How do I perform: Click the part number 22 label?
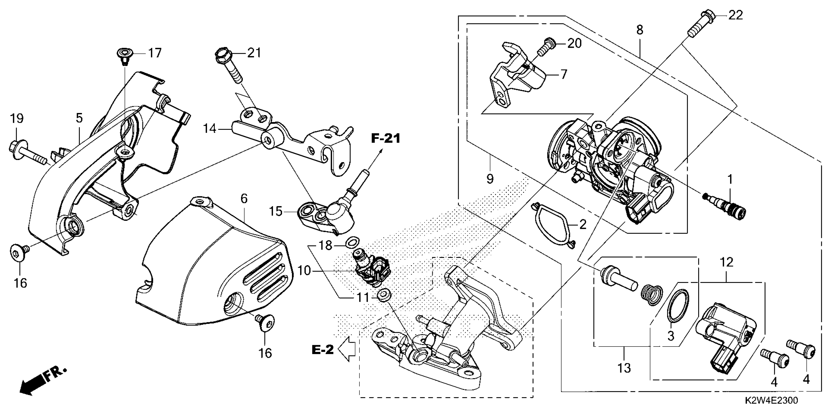pyautogui.click(x=735, y=15)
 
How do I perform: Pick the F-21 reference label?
pyautogui.click(x=386, y=139)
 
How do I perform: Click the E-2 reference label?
pyautogui.click(x=323, y=350)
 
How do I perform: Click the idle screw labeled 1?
pyautogui.click(x=725, y=206)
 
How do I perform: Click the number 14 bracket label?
pyautogui.click(x=210, y=129)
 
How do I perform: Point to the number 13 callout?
pyautogui.click(x=624, y=368)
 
